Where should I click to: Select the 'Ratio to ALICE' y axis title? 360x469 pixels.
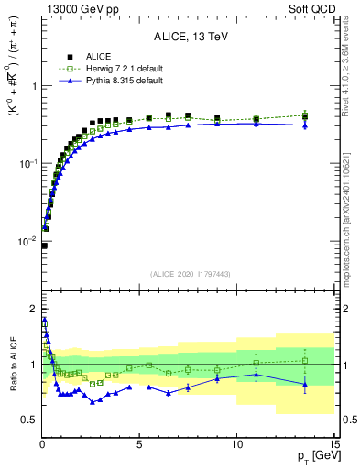pos(11,364)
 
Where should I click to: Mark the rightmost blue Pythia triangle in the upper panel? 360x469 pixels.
pos(305,125)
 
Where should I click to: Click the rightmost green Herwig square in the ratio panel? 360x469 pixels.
pos(305,360)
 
